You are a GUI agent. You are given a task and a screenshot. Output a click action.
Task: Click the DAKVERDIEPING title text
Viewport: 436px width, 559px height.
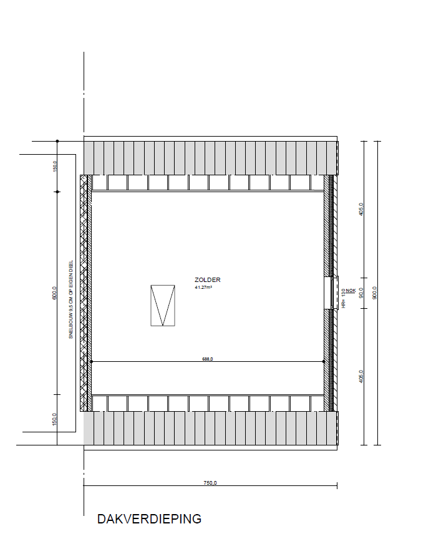(x=149, y=518)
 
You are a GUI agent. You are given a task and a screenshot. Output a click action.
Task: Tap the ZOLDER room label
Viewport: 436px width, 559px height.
(x=207, y=281)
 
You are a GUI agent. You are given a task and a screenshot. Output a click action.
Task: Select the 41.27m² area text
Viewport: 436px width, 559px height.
(x=203, y=288)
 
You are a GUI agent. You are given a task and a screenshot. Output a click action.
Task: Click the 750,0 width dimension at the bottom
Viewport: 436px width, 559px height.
(x=210, y=482)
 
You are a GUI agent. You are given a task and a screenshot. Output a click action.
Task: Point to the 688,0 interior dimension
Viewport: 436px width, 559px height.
(x=207, y=359)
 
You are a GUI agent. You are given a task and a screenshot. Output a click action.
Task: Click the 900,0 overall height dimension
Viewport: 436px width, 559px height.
(x=374, y=292)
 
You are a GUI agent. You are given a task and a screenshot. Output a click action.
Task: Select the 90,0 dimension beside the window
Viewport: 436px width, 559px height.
(x=361, y=292)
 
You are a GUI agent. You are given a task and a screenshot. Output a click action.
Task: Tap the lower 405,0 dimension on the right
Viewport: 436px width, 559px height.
(x=361, y=376)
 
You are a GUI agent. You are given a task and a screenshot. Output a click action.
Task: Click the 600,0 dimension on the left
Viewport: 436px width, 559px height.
(x=54, y=293)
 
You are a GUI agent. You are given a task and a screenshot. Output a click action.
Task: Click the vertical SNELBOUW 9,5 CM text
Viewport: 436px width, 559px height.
(x=71, y=298)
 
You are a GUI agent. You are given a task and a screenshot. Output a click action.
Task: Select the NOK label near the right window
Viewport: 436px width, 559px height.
(x=351, y=290)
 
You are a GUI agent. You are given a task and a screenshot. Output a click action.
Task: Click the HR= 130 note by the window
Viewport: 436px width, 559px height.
(x=343, y=299)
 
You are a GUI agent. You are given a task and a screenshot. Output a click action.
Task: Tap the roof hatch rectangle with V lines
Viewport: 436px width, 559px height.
(x=162, y=306)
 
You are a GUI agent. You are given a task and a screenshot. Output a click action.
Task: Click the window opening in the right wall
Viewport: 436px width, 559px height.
(x=329, y=293)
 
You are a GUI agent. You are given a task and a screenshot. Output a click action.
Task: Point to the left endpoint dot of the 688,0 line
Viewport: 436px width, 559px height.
(x=91, y=362)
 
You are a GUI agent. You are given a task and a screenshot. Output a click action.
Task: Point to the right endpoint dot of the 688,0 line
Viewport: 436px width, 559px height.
(x=323, y=362)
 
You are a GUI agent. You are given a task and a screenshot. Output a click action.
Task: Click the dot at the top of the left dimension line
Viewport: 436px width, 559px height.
(x=57, y=141)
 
